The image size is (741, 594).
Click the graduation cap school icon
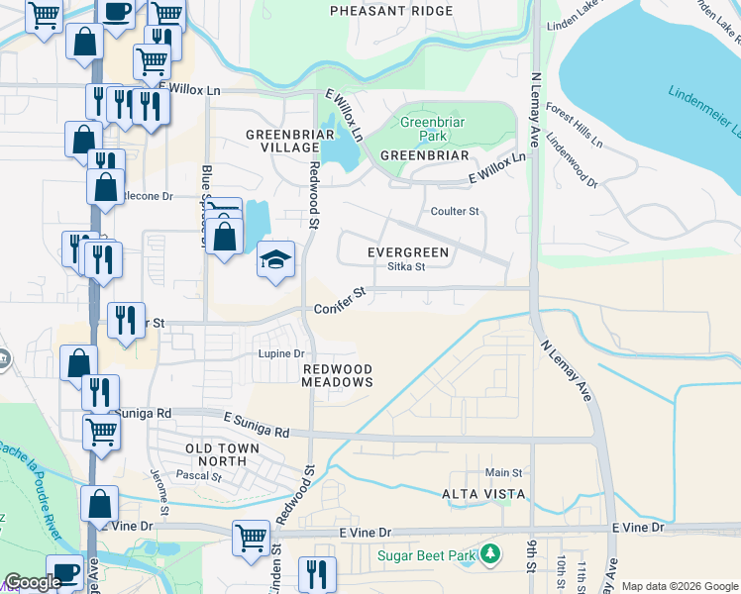(276, 259)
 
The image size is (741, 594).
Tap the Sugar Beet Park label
(426, 555)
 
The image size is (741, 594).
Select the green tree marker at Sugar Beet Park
(488, 555)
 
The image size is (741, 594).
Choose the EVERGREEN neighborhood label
(408, 252)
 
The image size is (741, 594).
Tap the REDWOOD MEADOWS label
(338, 374)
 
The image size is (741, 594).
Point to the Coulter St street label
(455, 212)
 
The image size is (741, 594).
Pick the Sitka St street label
(406, 266)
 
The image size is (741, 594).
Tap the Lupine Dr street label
(280, 353)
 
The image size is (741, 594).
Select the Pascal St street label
(198, 476)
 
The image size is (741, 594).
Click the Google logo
(33, 582)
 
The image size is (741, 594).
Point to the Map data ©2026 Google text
(680, 586)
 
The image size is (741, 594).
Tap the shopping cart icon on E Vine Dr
(251, 538)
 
